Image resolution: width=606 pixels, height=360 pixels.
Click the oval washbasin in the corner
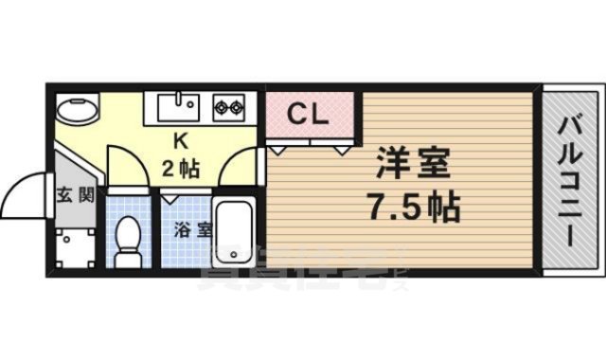pyautogui.click(x=77, y=111)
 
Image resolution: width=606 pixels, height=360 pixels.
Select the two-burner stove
pyautogui.click(x=229, y=106)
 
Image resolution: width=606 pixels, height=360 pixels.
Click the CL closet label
pyautogui.click(x=309, y=116)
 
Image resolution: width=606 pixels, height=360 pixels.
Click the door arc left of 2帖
pyautogui.click(x=123, y=163)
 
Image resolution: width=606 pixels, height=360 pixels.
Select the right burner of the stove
pyautogui.click(x=237, y=107)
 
